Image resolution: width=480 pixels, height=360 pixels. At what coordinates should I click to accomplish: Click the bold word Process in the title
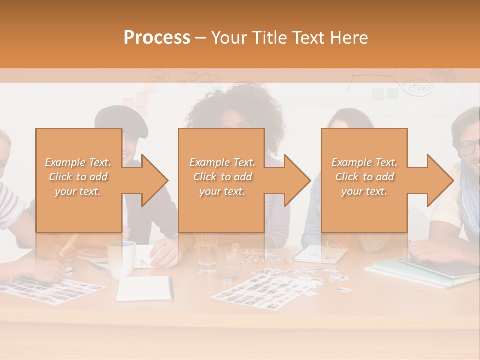point(157,38)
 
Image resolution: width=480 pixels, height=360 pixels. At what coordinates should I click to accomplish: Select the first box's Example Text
point(78,162)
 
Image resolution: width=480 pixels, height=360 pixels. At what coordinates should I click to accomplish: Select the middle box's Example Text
point(222,162)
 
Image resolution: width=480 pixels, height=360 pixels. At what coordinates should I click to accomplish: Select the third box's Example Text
point(364,162)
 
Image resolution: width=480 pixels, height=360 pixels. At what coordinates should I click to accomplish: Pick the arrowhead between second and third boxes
point(295,180)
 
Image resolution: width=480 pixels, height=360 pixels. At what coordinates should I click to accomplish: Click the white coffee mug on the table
point(121,259)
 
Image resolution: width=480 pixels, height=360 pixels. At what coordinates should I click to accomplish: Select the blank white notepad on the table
point(144,288)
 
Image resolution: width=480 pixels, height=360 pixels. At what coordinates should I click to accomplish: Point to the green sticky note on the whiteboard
point(392,94)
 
